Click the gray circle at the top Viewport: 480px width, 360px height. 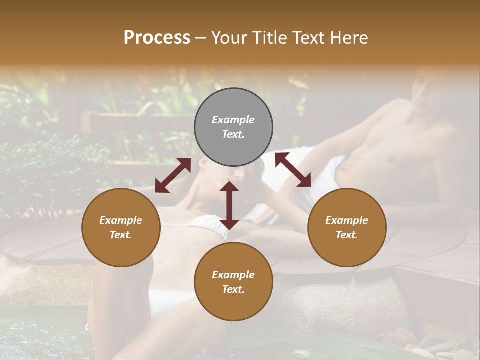click(x=233, y=127)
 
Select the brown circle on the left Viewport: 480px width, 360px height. click(x=121, y=228)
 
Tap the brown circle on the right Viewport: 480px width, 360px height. click(x=347, y=228)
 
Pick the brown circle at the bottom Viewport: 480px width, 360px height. click(x=233, y=282)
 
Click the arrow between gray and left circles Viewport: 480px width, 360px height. click(x=173, y=175)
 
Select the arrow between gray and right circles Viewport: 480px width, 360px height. click(x=293, y=170)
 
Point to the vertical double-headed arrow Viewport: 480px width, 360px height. click(x=229, y=205)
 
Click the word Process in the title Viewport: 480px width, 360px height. click(x=157, y=37)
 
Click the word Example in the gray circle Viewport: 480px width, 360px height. click(x=233, y=120)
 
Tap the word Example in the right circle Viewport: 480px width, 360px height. click(x=347, y=220)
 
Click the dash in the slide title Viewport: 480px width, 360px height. click(x=201, y=38)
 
